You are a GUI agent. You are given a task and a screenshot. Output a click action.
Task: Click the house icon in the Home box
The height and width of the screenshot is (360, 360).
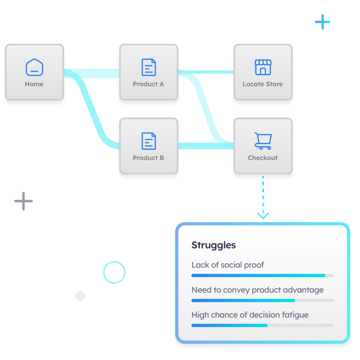[34, 67]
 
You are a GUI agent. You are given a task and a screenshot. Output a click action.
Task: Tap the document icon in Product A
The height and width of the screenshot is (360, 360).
[148, 67]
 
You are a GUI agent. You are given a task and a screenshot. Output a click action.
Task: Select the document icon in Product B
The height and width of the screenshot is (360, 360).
[148, 141]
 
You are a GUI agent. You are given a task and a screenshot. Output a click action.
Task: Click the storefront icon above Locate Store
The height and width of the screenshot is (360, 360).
[262, 67]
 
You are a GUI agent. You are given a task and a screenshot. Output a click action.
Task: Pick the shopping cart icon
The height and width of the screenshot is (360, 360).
[262, 141]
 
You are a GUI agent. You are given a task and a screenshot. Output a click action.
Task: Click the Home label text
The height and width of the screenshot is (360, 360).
[34, 84]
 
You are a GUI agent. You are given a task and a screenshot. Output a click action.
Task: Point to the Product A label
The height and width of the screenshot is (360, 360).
[148, 84]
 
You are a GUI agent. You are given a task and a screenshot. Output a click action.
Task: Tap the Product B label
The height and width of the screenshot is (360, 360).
[148, 158]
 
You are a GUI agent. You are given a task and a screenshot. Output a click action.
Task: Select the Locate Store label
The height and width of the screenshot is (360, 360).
[262, 84]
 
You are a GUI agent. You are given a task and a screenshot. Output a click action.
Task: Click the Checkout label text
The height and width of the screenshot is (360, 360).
[262, 158]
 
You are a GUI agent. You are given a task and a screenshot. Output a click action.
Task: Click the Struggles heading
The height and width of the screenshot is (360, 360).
[213, 245]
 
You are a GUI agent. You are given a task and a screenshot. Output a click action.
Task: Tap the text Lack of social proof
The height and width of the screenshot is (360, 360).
[227, 265]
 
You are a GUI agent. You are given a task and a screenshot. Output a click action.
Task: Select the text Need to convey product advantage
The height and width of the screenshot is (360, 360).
[257, 290]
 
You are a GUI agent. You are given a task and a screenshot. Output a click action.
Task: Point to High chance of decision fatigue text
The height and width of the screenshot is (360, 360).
[250, 315]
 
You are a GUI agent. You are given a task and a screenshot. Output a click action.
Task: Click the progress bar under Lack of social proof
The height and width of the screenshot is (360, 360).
[262, 275]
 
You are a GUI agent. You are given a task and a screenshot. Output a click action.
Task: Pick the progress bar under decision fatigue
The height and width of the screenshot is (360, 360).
[262, 325]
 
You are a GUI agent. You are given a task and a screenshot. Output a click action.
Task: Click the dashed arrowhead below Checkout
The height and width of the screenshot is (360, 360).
[263, 215]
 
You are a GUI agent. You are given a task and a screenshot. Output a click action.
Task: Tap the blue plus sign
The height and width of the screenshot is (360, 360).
[323, 22]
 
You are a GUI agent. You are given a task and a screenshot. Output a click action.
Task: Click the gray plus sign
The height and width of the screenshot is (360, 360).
[23, 201]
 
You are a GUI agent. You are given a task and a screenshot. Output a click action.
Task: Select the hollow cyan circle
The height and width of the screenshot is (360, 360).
[114, 272]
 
